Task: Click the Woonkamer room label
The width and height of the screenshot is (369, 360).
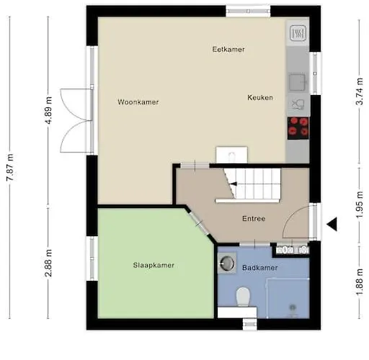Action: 138,102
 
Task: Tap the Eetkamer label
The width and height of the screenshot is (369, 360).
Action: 228,50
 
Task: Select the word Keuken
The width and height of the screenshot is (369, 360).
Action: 260,98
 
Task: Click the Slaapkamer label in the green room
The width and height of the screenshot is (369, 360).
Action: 154,266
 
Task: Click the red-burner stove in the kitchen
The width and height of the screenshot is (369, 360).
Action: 298,127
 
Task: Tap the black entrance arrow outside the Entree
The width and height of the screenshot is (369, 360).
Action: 332,225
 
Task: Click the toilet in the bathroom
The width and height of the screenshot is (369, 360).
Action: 243,296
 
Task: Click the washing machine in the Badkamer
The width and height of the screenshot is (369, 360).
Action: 228,264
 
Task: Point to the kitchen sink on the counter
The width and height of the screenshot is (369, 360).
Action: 297,81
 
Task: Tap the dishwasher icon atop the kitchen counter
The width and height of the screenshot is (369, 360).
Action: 298,33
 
